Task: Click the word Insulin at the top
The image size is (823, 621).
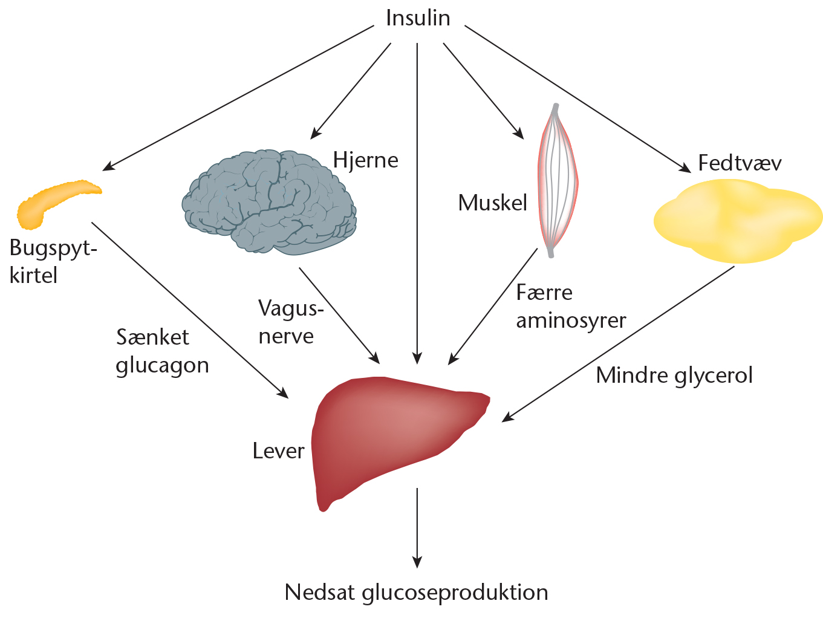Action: (418, 18)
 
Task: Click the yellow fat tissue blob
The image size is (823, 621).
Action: (738, 221)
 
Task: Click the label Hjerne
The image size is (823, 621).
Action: (366, 160)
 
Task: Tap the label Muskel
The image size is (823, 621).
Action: (493, 203)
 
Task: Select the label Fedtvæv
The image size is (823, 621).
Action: (740, 163)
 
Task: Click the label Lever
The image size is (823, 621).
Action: (278, 451)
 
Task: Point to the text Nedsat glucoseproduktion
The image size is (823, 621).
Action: (417, 593)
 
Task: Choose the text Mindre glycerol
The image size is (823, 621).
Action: (674, 376)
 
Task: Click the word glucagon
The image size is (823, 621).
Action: (162, 366)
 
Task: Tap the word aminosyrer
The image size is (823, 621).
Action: (571, 320)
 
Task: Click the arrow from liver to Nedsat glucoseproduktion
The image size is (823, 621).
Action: (417, 526)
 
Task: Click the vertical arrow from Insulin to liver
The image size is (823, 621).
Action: (417, 200)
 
